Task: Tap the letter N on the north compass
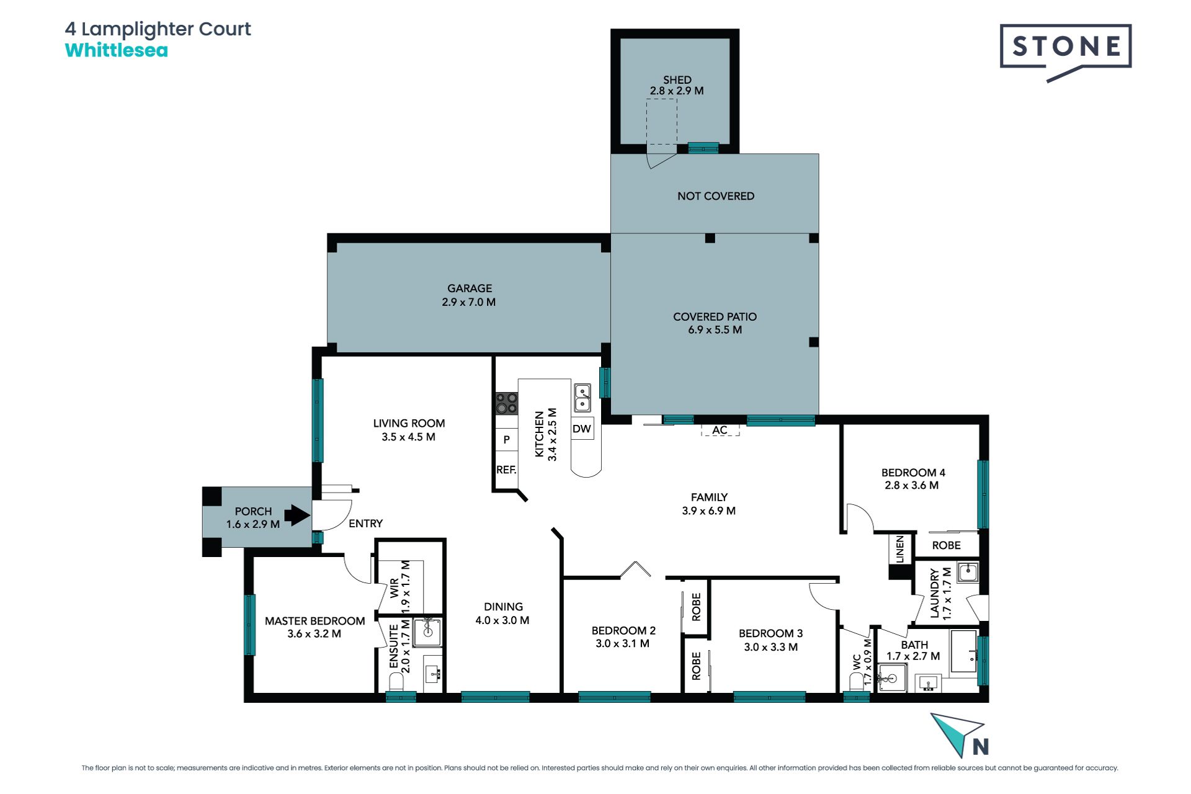pyautogui.click(x=981, y=747)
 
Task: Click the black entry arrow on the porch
pyautogui.click(x=297, y=515)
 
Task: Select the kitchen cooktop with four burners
pyautogui.click(x=507, y=403)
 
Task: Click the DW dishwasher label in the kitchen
pyautogui.click(x=582, y=429)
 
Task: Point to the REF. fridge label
pyautogui.click(x=506, y=470)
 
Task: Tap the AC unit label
pyautogui.click(x=720, y=430)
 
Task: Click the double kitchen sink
pyautogui.click(x=582, y=398)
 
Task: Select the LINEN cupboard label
pyautogui.click(x=900, y=549)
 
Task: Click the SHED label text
pyautogui.click(x=677, y=80)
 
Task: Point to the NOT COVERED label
pyautogui.click(x=716, y=196)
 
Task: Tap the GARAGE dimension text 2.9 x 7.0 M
pyautogui.click(x=469, y=302)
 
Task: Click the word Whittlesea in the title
pyautogui.click(x=117, y=50)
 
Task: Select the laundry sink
pyautogui.click(x=968, y=572)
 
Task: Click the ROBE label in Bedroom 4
pyautogui.click(x=947, y=545)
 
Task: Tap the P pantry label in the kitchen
pyautogui.click(x=507, y=440)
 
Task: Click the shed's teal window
pyautogui.click(x=703, y=148)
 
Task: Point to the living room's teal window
pyautogui.click(x=318, y=421)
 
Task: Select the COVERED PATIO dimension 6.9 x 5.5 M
pyautogui.click(x=715, y=330)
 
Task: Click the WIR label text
pyautogui.click(x=395, y=588)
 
